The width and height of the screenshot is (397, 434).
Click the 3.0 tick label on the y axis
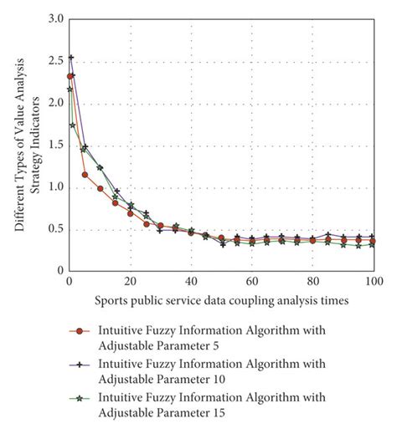54,18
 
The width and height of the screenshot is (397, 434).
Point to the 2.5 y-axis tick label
54,61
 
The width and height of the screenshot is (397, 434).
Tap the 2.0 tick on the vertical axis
54,103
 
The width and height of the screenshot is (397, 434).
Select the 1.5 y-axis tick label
54,146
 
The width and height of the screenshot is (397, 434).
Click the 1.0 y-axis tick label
54,187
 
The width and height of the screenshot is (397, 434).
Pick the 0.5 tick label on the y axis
54,229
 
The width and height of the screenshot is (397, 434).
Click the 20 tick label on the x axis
130,282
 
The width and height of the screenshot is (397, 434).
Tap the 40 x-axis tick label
191,282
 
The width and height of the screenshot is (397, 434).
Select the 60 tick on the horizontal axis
252,282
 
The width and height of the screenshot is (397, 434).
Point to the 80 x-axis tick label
312,282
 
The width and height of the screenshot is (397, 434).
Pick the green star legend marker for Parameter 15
80,400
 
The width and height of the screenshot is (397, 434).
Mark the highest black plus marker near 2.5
70,58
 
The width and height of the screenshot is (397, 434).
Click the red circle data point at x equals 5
85,175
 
